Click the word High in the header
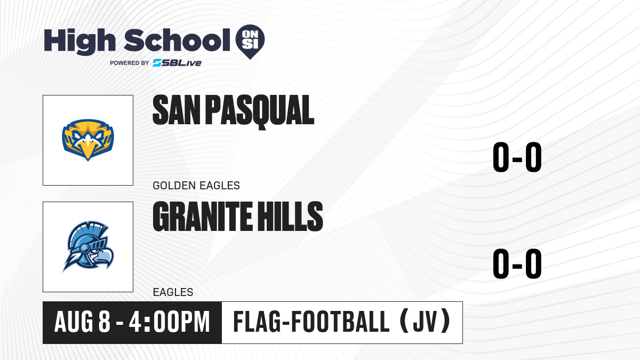click(79, 42)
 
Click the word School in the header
click(177, 40)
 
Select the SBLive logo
click(177, 63)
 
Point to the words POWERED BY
click(130, 63)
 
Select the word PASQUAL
click(260, 111)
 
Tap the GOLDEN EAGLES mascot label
click(196, 186)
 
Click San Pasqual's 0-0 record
click(517, 157)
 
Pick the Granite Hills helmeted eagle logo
click(88, 246)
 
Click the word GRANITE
click(202, 217)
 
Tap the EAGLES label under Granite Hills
click(173, 292)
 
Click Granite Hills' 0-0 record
click(517, 263)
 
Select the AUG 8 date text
click(82, 322)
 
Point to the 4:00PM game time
click(170, 322)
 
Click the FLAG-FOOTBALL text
click(311, 322)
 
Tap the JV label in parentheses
click(426, 322)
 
